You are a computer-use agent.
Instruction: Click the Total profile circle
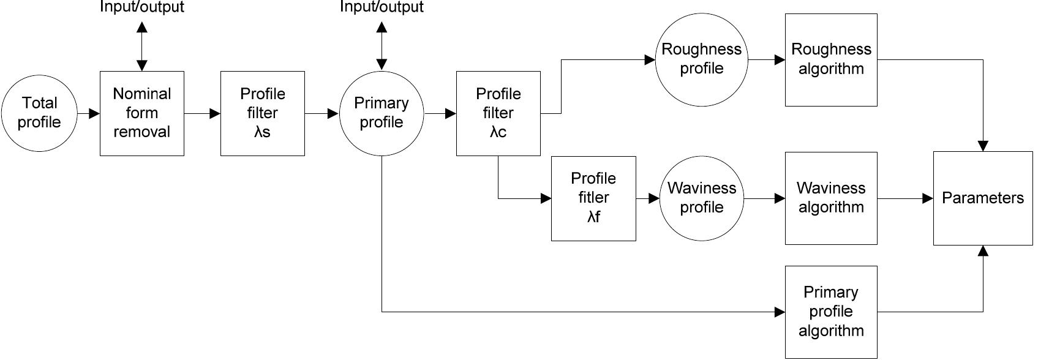pyautogui.click(x=39, y=113)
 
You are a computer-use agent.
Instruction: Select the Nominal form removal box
pyautogui.click(x=141, y=113)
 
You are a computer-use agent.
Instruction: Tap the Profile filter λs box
pyautogui.click(x=262, y=113)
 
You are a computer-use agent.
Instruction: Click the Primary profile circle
pyautogui.click(x=381, y=113)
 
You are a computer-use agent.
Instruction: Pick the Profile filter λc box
pyautogui.click(x=498, y=113)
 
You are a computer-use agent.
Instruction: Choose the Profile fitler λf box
pyautogui.click(x=593, y=198)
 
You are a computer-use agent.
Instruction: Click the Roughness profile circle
pyautogui.click(x=701, y=59)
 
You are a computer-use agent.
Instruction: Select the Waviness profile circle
pyautogui.click(x=701, y=198)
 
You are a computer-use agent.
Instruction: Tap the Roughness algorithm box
pyautogui.click(x=830, y=59)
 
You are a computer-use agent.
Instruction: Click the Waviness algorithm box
pyautogui.click(x=830, y=198)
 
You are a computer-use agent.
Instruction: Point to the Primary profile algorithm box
pyautogui.click(x=830, y=312)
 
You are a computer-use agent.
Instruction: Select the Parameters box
pyautogui.click(x=982, y=198)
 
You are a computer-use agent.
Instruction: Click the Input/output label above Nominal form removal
pyautogui.click(x=141, y=7)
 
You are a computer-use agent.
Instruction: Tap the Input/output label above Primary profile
pyautogui.click(x=381, y=7)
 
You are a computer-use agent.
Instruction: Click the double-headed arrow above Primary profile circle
pyautogui.click(x=381, y=46)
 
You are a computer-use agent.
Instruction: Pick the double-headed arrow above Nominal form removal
pyautogui.click(x=141, y=46)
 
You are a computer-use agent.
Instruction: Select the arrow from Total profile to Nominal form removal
pyautogui.click(x=89, y=113)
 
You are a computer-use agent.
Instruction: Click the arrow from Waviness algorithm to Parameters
pyautogui.click(x=905, y=198)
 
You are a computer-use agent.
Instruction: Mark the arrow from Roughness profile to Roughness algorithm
pyautogui.click(x=766, y=59)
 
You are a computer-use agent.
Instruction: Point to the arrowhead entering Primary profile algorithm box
pyautogui.click(x=780, y=312)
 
